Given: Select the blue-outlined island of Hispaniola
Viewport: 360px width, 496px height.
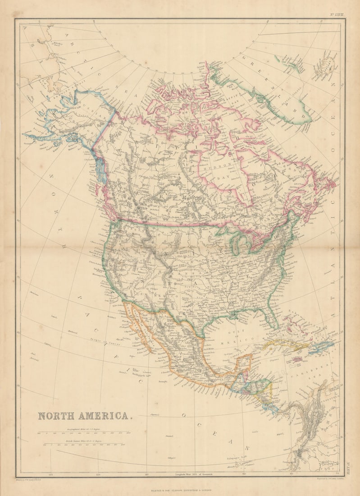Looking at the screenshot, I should pos(321,348).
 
